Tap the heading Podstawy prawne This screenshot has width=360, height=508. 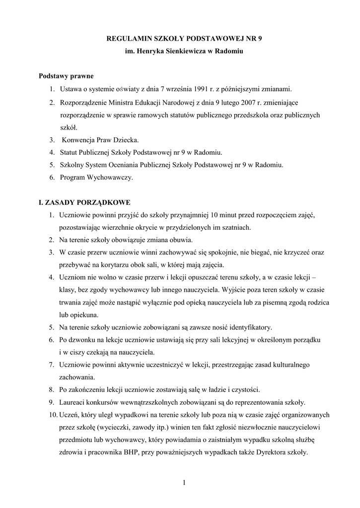tap(66, 76)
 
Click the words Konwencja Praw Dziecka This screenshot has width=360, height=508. tap(100, 140)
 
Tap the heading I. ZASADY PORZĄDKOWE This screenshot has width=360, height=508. tap(84, 203)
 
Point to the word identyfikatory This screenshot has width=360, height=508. tap(249, 327)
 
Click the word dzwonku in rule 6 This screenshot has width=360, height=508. tap(82, 340)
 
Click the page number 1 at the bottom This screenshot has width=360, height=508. tap(184, 483)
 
